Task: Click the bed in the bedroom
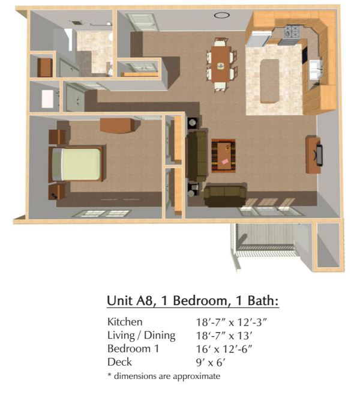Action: (x=77, y=164)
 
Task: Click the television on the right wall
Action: (x=319, y=155)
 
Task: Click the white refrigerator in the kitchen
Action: (x=259, y=38)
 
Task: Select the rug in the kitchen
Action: (x=270, y=81)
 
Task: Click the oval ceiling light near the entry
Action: (x=221, y=15)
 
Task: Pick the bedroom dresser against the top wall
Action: (x=118, y=126)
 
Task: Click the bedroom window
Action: (x=101, y=213)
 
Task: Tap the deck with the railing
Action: (x=266, y=240)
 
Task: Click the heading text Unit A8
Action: (x=131, y=301)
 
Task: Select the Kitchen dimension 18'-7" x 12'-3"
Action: (x=231, y=323)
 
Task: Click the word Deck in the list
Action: (x=119, y=362)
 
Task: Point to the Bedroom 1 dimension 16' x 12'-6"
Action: (x=224, y=349)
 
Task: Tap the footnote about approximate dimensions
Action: (x=164, y=376)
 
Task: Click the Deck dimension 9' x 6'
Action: (x=211, y=363)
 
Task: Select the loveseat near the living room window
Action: (x=225, y=195)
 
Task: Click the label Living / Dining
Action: (x=142, y=335)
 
